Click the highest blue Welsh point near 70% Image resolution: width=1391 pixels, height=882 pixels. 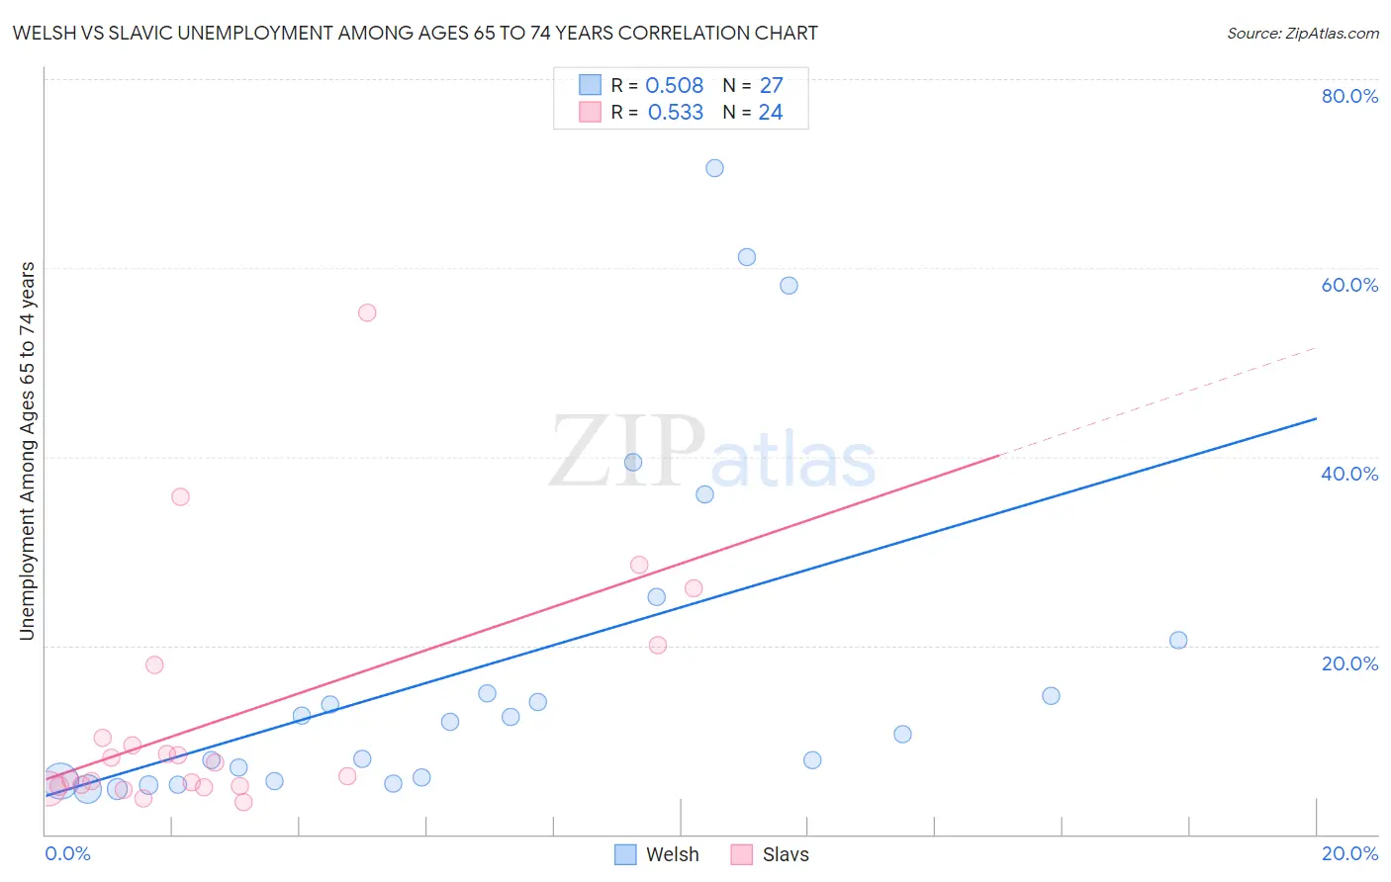pyautogui.click(x=714, y=168)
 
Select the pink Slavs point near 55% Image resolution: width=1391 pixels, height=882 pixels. pyautogui.click(x=367, y=312)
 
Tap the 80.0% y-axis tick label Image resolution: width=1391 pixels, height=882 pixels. pyautogui.click(x=1349, y=96)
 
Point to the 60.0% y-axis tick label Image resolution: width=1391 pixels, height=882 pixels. pyautogui.click(x=1349, y=285)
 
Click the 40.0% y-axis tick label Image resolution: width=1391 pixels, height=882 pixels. pyautogui.click(x=1349, y=474)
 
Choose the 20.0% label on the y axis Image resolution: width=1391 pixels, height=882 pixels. pyautogui.click(x=1349, y=663)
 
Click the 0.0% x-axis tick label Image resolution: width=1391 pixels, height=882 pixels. pyautogui.click(x=67, y=853)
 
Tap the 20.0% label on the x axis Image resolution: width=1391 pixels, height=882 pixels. pyautogui.click(x=1349, y=853)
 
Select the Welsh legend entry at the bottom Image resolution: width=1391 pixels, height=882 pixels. pyautogui.click(x=657, y=854)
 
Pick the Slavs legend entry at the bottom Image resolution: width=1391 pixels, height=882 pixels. pyautogui.click(x=770, y=854)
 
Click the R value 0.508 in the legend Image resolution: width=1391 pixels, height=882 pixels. pyautogui.click(x=674, y=86)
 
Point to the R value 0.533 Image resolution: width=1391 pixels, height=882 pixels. pyautogui.click(x=675, y=113)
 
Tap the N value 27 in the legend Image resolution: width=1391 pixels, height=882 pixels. pyautogui.click(x=771, y=86)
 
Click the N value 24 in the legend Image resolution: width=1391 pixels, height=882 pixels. pyautogui.click(x=771, y=113)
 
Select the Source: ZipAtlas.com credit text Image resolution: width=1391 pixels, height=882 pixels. pyautogui.click(x=1302, y=34)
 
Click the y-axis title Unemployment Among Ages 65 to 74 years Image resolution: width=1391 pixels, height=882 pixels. pyautogui.click(x=28, y=451)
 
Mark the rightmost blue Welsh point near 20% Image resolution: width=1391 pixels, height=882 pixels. pyautogui.click(x=1178, y=640)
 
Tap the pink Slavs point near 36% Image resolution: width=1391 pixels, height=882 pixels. pyautogui.click(x=180, y=496)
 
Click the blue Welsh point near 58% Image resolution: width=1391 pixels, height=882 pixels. pyautogui.click(x=788, y=286)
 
